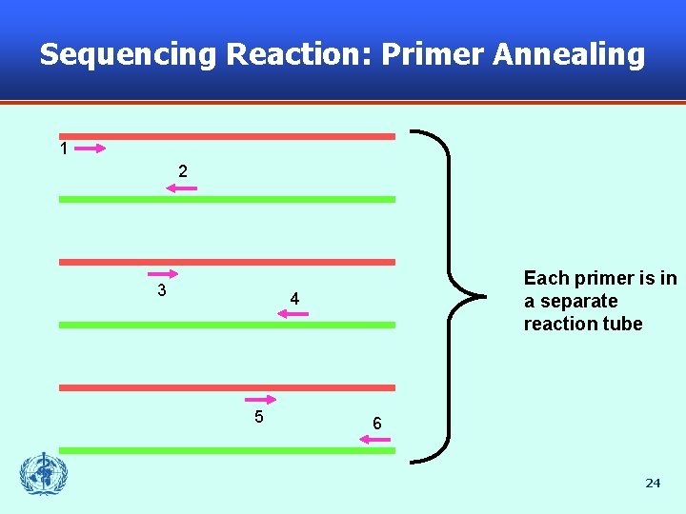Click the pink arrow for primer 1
pyautogui.click(x=90, y=148)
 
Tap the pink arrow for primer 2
pyautogui.click(x=181, y=188)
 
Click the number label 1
pyautogui.click(x=64, y=148)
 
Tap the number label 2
pyautogui.click(x=183, y=171)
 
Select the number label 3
pyautogui.click(x=162, y=290)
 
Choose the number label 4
pyautogui.click(x=295, y=300)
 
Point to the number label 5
pyautogui.click(x=259, y=416)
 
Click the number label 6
pyautogui.click(x=377, y=424)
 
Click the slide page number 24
pyautogui.click(x=653, y=483)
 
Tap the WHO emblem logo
pyautogui.click(x=44, y=473)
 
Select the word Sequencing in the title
pyautogui.click(x=128, y=54)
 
